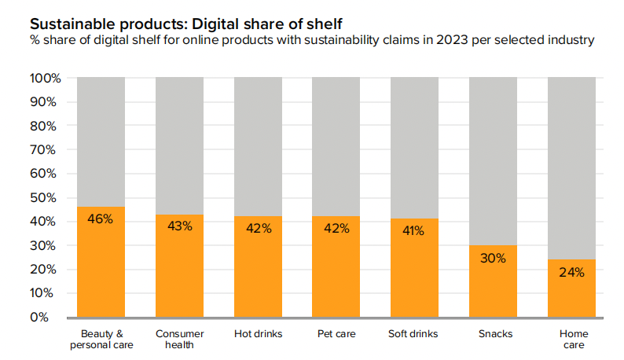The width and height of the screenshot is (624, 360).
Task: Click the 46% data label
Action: pyautogui.click(x=101, y=219)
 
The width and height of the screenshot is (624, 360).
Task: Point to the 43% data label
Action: pyautogui.click(x=179, y=226)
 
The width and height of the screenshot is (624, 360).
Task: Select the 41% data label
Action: pyautogui.click(x=414, y=231)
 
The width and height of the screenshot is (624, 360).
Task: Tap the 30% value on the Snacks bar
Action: pyautogui.click(x=493, y=258)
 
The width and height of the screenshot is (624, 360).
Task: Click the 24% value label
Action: pyautogui.click(x=571, y=272)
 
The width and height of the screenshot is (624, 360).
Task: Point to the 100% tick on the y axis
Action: pyautogui.click(x=45, y=79)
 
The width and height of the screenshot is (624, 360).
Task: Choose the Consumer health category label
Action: pyautogui.click(x=179, y=340)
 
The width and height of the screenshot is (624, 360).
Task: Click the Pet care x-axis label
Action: pyautogui.click(x=336, y=334)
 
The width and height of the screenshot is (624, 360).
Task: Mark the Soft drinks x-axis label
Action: pyautogui.click(x=414, y=334)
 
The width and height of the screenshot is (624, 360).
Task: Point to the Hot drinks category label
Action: pyautogui.click(x=258, y=334)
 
